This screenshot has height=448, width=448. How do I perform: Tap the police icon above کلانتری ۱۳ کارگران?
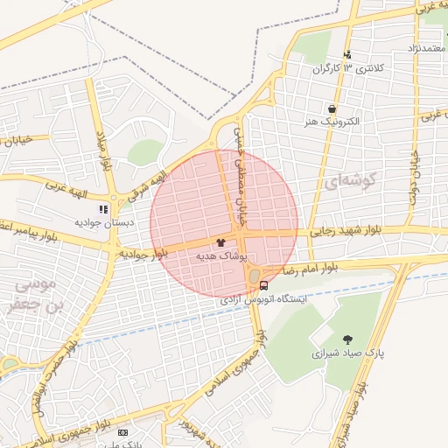pyautogui.click(x=347, y=54)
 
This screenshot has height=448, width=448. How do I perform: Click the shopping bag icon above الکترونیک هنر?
pyautogui.click(x=332, y=108)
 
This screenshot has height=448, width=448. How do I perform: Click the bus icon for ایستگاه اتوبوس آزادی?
pyautogui.click(x=263, y=284)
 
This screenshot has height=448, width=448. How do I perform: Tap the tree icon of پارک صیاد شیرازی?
pyautogui.click(x=348, y=339)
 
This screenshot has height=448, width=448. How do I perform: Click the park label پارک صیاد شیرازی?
pyautogui.click(x=345, y=354)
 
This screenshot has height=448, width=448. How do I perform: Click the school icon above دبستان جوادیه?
pyautogui.click(x=104, y=209)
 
